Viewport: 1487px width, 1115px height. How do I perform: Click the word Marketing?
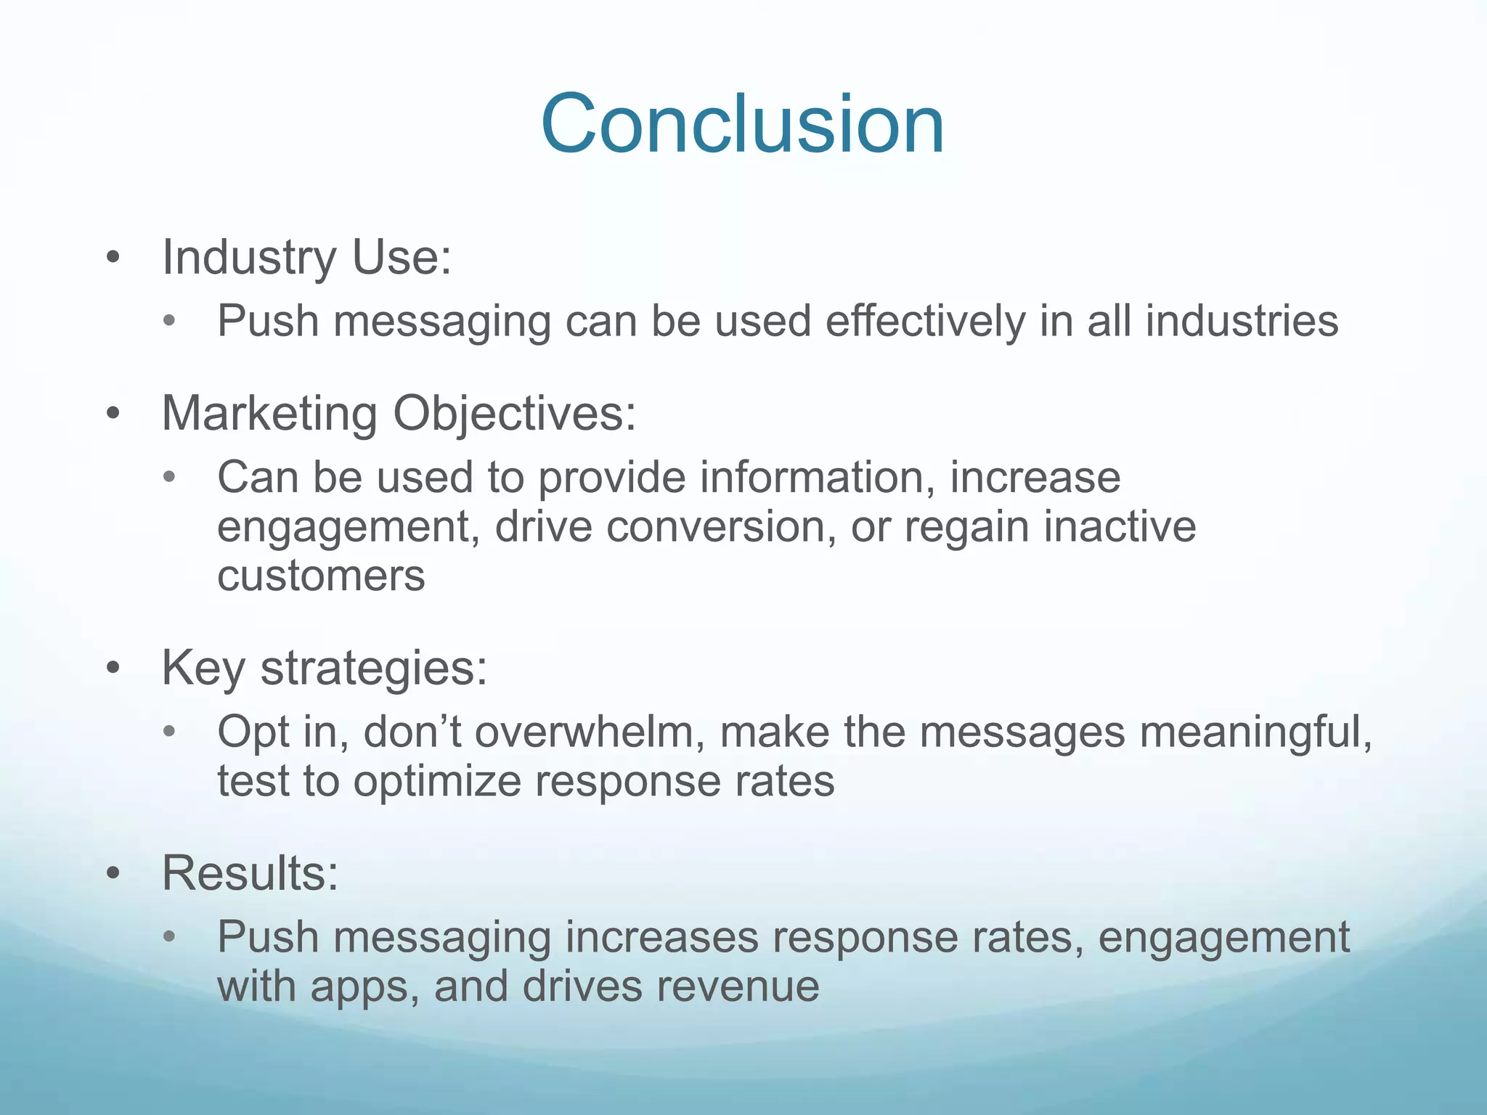pyautogui.click(x=269, y=414)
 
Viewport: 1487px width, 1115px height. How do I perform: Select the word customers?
pyautogui.click(x=321, y=576)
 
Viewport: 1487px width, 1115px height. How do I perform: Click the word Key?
pyautogui.click(x=203, y=669)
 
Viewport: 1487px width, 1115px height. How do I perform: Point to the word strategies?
pyautogui.click(x=373, y=669)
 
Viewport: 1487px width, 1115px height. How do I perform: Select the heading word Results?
pyautogui.click(x=249, y=873)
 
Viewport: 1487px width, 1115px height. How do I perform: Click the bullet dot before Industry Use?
pyautogui.click(x=112, y=258)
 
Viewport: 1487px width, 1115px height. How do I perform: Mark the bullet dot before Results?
pyautogui.click(x=112, y=874)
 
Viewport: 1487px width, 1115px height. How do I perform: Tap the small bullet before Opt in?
pyautogui.click(x=170, y=732)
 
